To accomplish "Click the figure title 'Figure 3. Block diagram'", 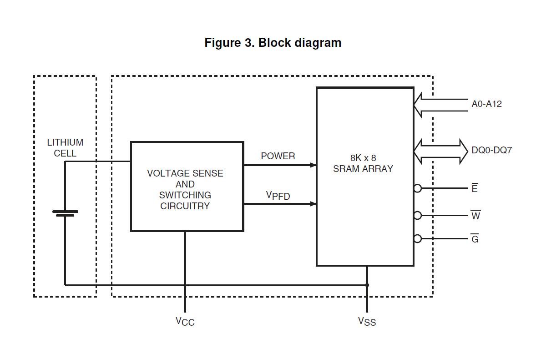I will click(273, 43).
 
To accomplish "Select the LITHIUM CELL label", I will click(65, 148).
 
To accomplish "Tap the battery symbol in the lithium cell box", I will click(65, 213).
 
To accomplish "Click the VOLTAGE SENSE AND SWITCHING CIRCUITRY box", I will click(187, 187).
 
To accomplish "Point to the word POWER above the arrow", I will click(278, 156).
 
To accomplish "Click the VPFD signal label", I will click(278, 196).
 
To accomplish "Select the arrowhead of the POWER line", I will click(313, 165).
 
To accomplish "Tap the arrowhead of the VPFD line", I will click(313, 204).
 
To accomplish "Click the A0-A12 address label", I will click(486, 104).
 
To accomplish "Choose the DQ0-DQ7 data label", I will click(491, 150).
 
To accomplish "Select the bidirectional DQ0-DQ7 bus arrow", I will click(440, 151).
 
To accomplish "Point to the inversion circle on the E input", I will click(418, 187).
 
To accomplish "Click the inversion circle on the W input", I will click(418, 215).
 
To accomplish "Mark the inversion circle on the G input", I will click(418, 238).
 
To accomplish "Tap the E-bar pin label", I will click(475, 188).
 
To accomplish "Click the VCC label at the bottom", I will click(185, 321).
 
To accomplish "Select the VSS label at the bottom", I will click(367, 321).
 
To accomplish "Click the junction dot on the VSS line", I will click(367, 285).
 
